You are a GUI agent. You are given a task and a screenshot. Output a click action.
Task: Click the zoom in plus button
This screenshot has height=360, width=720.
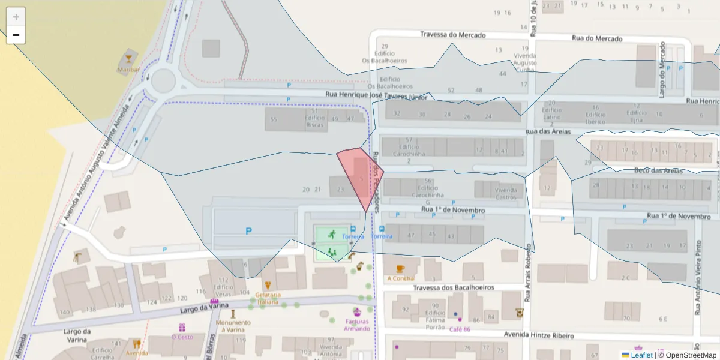(x=16, y=17)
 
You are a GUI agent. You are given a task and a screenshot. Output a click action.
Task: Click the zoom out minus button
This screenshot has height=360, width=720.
(x=16, y=35)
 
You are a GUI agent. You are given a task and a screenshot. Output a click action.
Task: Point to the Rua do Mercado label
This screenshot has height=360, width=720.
(x=596, y=38)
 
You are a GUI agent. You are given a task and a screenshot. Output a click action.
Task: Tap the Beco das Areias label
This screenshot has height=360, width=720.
(x=658, y=171)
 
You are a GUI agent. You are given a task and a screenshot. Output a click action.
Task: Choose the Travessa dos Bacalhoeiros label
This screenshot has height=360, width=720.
(x=454, y=288)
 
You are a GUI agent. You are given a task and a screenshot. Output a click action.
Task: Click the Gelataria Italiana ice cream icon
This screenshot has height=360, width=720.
(x=268, y=286)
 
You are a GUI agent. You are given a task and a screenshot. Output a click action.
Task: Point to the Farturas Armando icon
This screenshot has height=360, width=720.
(x=357, y=312)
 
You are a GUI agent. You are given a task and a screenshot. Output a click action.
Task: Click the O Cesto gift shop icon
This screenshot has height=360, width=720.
(x=182, y=328)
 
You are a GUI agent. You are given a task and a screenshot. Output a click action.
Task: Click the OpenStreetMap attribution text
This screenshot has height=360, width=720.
(x=687, y=355)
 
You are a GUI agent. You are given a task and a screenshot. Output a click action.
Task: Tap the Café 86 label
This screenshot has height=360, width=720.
(x=459, y=329)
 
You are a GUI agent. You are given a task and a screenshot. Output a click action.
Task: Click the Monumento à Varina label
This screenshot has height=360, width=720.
(x=233, y=326)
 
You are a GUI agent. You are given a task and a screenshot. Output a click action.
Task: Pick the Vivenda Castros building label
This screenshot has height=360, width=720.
(x=506, y=193)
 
